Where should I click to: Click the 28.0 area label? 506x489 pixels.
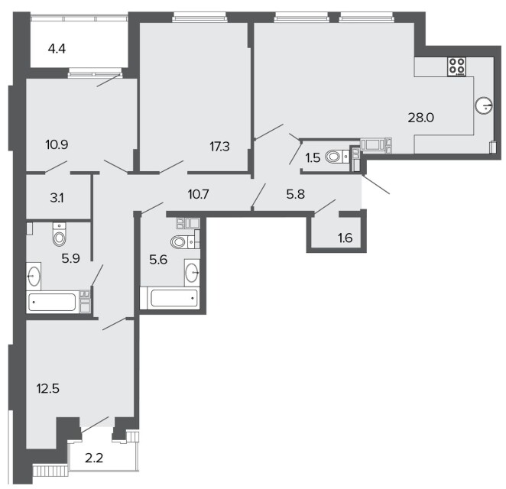[x=421, y=118]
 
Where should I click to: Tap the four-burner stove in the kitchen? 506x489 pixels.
[x=457, y=66]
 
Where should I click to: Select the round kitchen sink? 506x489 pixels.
[x=484, y=105]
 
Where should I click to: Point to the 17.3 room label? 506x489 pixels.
[x=219, y=147]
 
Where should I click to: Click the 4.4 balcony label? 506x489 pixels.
[x=57, y=49]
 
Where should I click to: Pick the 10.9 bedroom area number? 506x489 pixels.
[x=57, y=145]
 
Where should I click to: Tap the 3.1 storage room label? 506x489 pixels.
[x=57, y=198]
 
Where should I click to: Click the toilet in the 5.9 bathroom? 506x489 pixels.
[x=60, y=234]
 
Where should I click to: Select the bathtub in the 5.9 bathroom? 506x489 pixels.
[x=53, y=302]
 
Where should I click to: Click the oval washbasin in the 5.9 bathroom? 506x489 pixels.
[x=34, y=276]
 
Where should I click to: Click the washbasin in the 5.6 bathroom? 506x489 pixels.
[x=192, y=273]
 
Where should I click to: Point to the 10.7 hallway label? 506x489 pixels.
[x=198, y=195]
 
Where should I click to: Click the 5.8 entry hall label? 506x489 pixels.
[x=296, y=195]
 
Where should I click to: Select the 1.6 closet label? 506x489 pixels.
[x=345, y=238]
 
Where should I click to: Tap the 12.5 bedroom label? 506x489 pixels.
[x=48, y=389]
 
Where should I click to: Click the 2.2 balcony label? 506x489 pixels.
[x=94, y=458]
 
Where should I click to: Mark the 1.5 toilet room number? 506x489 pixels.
[x=313, y=158]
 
